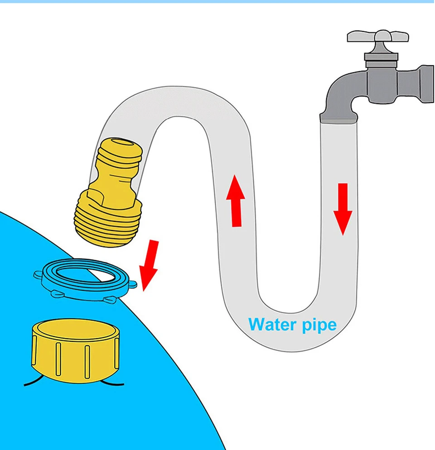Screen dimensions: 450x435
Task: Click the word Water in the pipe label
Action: pyautogui.click(x=270, y=324)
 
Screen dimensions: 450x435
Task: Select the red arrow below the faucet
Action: pyautogui.click(x=343, y=208)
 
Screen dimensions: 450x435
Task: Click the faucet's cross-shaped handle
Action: pyautogui.click(x=377, y=37)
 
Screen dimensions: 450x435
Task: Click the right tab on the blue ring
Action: pyautogui.click(x=131, y=285)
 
